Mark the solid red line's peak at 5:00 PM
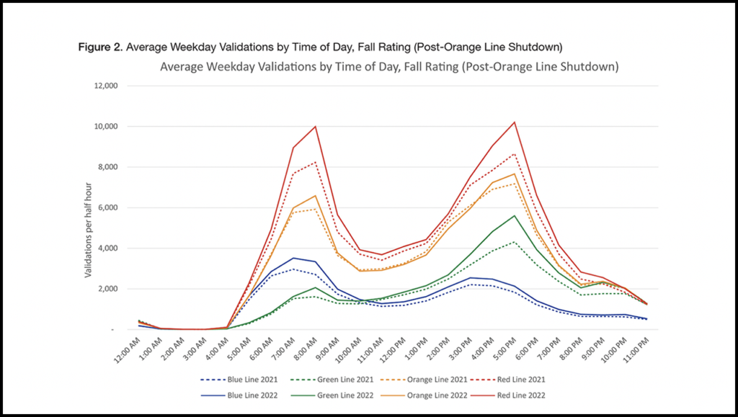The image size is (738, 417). (514, 122)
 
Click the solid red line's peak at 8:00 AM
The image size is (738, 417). (316, 126)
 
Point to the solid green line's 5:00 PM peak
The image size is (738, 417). (514, 215)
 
